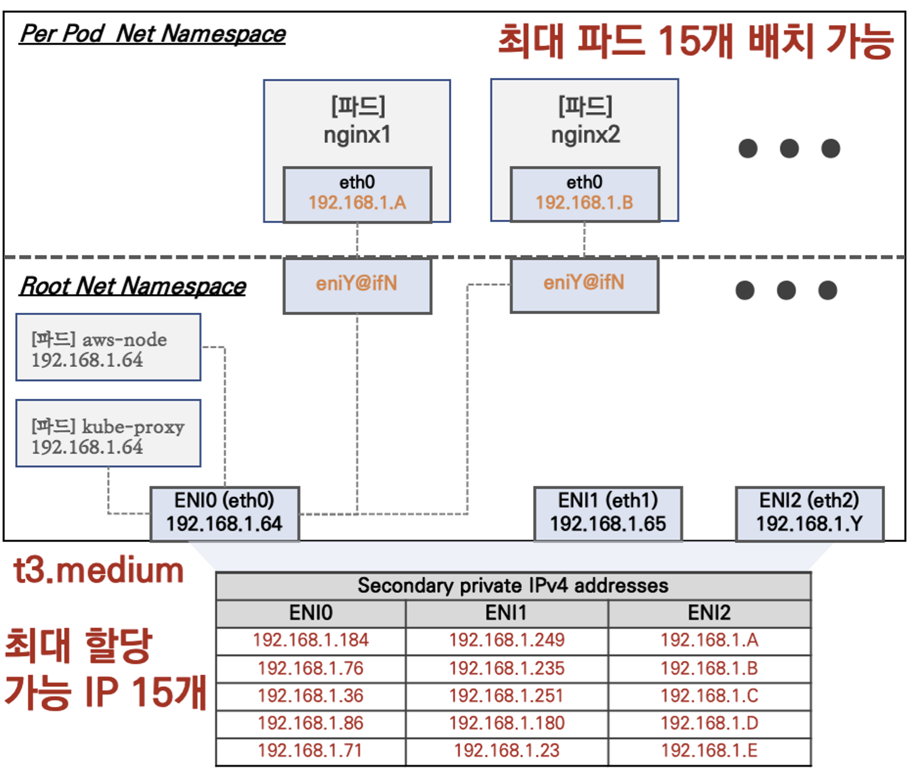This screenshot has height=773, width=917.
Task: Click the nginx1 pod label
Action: point(357,135)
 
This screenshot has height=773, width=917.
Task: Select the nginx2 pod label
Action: point(585,135)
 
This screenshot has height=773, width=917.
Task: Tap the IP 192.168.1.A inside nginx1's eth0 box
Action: point(357,202)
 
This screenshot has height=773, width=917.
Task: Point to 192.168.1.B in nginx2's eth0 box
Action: point(584,202)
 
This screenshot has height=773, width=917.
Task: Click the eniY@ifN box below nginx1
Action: point(357,284)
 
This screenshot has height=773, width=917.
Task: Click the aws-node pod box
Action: point(108,348)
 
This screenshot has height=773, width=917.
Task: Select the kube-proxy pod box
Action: point(108,434)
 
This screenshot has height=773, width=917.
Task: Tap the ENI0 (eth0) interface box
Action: point(224,513)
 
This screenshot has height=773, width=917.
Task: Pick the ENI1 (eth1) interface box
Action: point(608,513)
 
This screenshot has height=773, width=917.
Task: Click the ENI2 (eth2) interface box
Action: point(809,513)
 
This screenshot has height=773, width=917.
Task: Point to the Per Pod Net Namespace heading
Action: point(152,34)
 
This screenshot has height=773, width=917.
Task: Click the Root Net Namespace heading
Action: point(133,286)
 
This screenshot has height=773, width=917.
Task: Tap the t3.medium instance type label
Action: point(99,571)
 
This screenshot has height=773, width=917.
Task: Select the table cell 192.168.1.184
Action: point(311,640)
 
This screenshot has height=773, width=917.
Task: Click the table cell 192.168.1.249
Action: point(507,640)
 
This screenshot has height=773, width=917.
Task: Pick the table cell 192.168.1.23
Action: point(507,751)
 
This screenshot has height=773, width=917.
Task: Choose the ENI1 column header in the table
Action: point(506,613)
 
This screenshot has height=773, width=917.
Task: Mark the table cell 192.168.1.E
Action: point(709,751)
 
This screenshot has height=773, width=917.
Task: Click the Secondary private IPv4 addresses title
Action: point(513,586)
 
